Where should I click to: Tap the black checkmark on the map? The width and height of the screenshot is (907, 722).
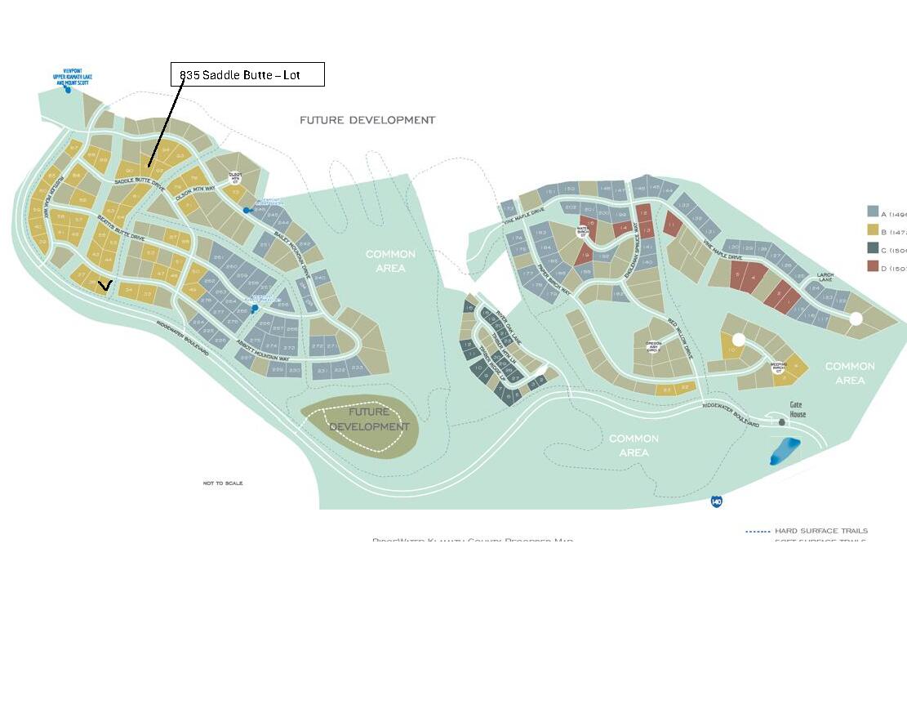point(104,285)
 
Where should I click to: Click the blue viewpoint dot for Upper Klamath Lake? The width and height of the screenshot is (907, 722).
point(68,90)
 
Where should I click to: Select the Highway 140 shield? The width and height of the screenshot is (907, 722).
point(716,501)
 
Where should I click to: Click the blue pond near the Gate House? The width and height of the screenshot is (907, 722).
point(785,451)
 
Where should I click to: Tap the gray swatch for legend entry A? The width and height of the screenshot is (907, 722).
point(873,212)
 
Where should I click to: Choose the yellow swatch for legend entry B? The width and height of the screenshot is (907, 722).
point(873,230)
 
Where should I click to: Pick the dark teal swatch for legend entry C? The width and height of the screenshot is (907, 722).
point(873,249)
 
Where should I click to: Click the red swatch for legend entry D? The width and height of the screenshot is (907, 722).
point(873,268)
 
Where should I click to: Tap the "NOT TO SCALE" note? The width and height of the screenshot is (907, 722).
point(223,484)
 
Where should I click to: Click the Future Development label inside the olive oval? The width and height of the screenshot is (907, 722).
point(369,419)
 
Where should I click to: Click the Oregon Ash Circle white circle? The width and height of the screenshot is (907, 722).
point(653,346)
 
